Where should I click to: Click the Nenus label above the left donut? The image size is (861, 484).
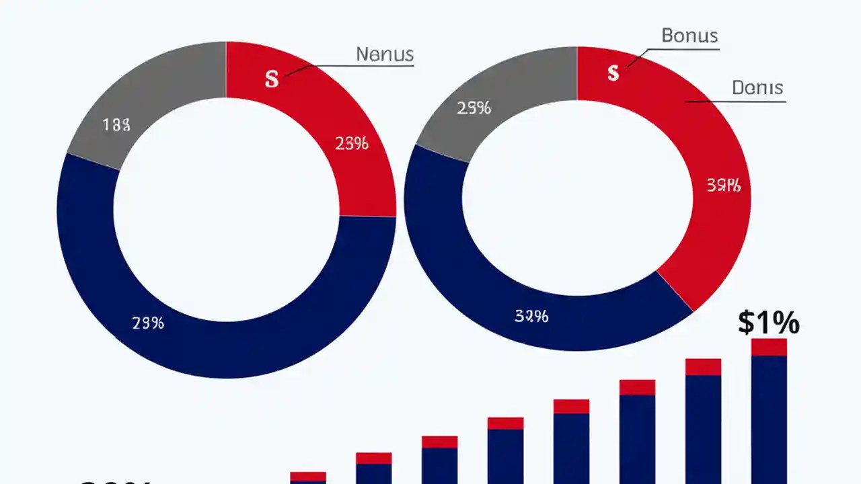pyautogui.click(x=385, y=54)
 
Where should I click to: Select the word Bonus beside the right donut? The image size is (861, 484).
pyautogui.click(x=689, y=36)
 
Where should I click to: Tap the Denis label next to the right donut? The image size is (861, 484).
pyautogui.click(x=757, y=87)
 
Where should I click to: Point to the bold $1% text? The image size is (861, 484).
pyautogui.click(x=768, y=323)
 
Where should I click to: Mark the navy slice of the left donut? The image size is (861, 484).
pyautogui.click(x=222, y=343)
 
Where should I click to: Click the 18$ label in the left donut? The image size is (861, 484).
pyautogui.click(x=116, y=124)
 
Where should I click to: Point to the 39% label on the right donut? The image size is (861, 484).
pyautogui.click(x=723, y=186)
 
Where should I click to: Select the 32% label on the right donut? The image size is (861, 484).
pyautogui.click(x=531, y=316)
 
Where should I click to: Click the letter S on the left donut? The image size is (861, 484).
pyautogui.click(x=271, y=79)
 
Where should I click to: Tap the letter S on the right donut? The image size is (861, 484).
pyautogui.click(x=613, y=73)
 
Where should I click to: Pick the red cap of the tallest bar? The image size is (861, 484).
pyautogui.click(x=769, y=347)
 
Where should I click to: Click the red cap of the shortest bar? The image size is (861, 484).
pyautogui.click(x=308, y=476)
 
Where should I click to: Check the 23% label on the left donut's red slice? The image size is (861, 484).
pyautogui.click(x=351, y=143)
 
